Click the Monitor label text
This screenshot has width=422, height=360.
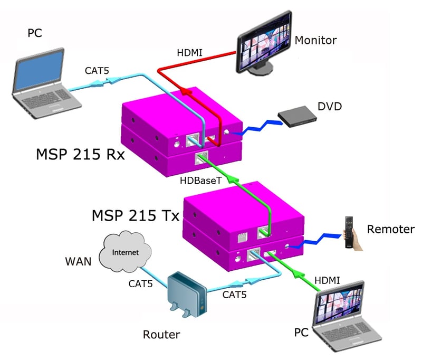click(315, 41)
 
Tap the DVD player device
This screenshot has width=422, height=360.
click(298, 116)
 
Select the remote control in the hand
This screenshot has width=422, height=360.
click(349, 232)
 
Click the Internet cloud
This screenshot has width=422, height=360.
click(125, 252)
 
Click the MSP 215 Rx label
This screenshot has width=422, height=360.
click(80, 154)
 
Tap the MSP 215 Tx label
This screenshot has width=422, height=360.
click(136, 215)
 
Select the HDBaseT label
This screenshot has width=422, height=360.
click(201, 181)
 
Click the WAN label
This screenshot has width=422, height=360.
click(78, 261)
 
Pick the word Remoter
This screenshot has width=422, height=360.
click(391, 229)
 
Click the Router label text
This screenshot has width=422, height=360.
click(161, 335)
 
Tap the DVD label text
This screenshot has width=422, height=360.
click(330, 106)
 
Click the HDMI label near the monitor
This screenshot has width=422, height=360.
click(189, 53)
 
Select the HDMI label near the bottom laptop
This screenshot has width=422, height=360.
click(327, 281)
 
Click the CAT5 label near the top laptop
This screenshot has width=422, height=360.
click(97, 71)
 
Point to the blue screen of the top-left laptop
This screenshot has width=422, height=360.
click(39, 71)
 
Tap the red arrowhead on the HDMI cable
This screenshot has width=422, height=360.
click(186, 91)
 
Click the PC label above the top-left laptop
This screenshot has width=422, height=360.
click(35, 33)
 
